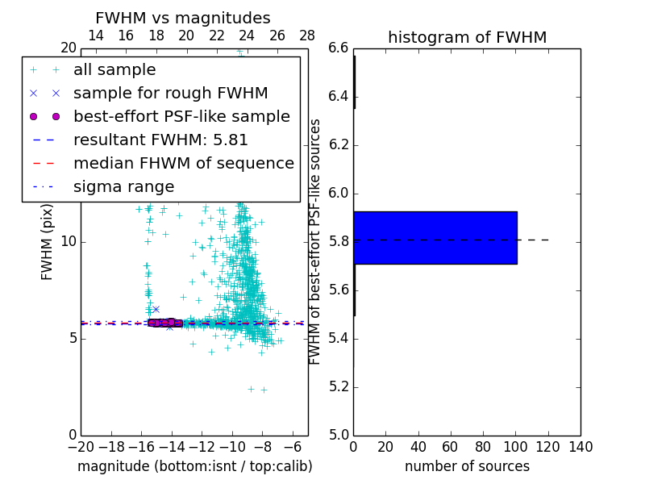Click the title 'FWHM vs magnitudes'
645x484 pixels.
(182, 19)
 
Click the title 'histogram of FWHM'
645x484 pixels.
(467, 38)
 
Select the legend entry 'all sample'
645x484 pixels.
(114, 70)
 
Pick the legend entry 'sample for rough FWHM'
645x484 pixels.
(170, 94)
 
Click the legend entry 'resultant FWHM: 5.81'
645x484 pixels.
(160, 140)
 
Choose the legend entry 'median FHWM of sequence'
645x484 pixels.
(183, 164)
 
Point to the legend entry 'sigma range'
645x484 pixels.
(123, 187)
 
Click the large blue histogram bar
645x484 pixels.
(435, 238)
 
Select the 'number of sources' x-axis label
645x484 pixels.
(467, 466)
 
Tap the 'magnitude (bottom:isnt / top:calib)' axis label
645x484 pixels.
(194, 466)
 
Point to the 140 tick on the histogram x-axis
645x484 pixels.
(580, 447)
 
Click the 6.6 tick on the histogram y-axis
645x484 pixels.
(338, 48)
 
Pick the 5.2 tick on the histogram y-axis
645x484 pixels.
(338, 387)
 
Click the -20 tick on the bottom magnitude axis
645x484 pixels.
(81, 447)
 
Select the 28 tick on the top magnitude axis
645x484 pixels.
(307, 35)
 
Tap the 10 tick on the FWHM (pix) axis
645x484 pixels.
(68, 242)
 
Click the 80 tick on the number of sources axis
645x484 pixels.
(483, 447)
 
